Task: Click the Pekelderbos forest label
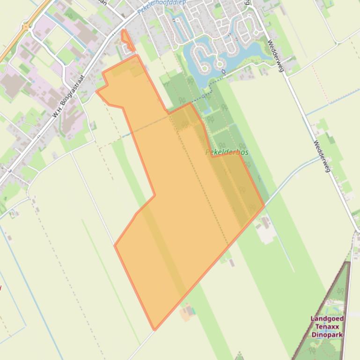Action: coord(227,152)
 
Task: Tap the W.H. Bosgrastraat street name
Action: coord(68,96)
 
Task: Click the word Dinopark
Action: coord(327,335)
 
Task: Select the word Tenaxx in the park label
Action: coord(327,327)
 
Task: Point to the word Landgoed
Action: coord(327,319)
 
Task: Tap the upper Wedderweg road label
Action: coord(276,56)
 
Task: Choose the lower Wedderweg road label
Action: coord(323,156)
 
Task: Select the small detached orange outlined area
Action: coord(126,41)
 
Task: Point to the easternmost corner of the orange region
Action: coord(264,205)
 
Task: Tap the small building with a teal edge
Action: coord(189,310)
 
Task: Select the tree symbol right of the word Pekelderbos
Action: coord(242,147)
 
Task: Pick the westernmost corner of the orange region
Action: coord(97,92)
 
